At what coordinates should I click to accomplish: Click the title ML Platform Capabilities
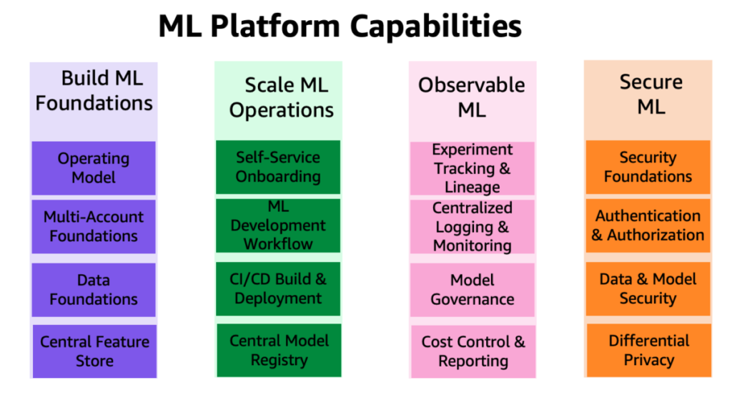click(x=340, y=26)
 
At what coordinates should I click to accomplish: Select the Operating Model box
click(x=94, y=167)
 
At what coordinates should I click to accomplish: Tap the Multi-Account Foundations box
click(x=94, y=227)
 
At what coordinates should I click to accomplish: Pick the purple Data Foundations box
click(x=94, y=290)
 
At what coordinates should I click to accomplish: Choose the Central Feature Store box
click(x=95, y=351)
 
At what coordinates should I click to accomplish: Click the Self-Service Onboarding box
click(x=278, y=167)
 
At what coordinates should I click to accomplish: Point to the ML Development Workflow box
click(x=278, y=225)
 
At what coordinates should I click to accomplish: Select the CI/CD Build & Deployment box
click(x=278, y=289)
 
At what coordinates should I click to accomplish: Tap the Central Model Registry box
click(x=280, y=350)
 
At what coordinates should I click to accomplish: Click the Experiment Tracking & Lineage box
click(x=472, y=168)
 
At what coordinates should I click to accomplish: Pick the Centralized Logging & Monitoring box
click(x=472, y=227)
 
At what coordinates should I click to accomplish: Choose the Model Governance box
click(x=472, y=290)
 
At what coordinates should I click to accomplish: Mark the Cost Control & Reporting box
click(x=473, y=351)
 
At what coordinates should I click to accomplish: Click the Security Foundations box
click(x=648, y=167)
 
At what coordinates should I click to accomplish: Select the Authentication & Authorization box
click(x=648, y=225)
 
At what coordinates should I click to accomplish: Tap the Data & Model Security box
click(x=648, y=289)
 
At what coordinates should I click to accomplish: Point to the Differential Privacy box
click(x=649, y=350)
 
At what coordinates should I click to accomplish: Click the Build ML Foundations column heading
click(x=94, y=91)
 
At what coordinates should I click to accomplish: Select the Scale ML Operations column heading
click(x=282, y=98)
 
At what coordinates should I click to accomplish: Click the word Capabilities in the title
click(x=435, y=26)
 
